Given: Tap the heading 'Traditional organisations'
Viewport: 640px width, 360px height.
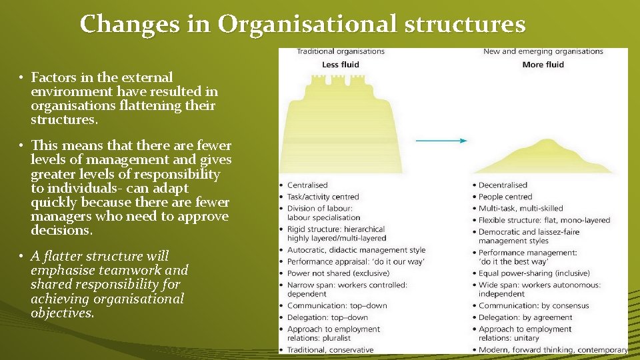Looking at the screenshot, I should (340, 51).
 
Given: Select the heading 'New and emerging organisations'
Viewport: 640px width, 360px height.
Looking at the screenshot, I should (543, 51).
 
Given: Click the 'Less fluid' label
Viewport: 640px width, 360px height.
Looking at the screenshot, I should (340, 65).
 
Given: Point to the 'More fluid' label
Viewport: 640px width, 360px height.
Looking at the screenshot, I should (543, 65).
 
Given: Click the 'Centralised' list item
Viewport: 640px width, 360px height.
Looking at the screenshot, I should (307, 185).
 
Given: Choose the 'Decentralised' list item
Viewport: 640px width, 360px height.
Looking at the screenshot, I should (503, 185).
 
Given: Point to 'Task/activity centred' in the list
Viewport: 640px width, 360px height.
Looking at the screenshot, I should (323, 197).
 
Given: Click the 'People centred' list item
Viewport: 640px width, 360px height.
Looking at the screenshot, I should (505, 197).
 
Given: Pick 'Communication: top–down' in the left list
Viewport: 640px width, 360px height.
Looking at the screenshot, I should (337, 306).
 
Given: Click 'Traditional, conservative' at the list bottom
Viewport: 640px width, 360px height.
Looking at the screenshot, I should (330, 349).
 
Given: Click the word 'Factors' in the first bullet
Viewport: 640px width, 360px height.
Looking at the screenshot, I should (53, 78).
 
